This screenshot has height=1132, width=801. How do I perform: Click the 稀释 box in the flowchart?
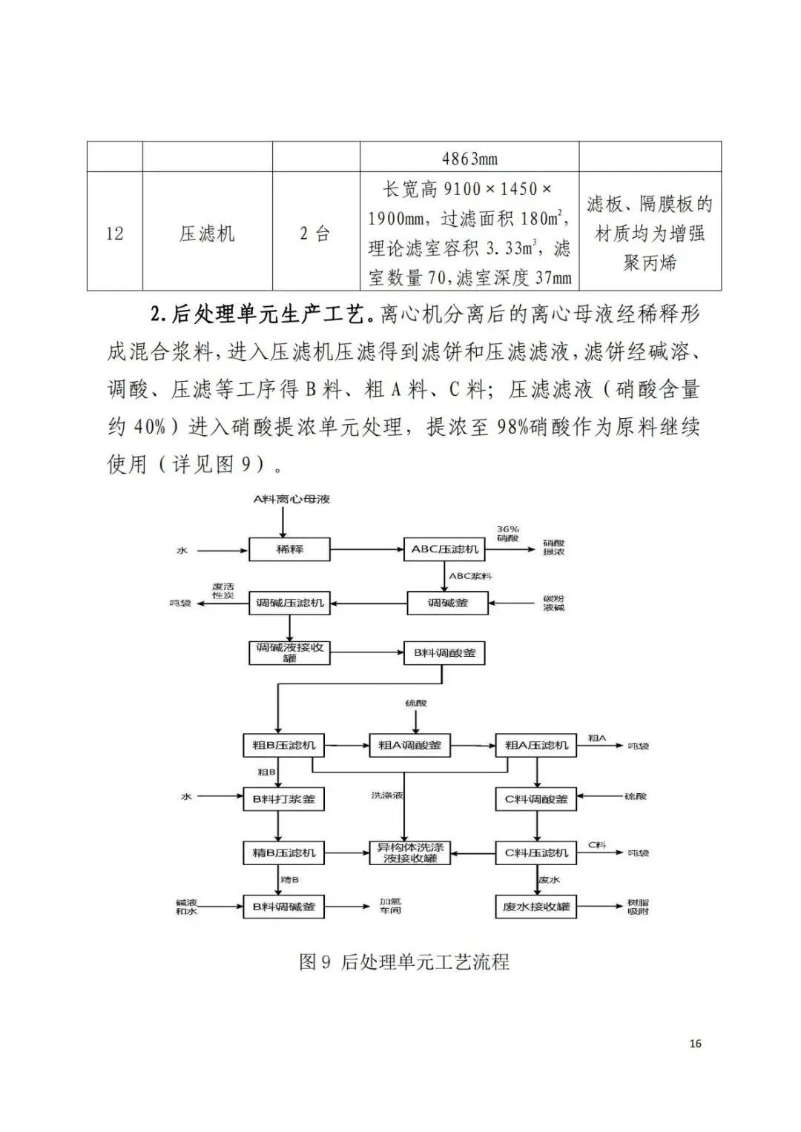coord(289,550)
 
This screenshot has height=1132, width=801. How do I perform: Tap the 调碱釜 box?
coord(448,603)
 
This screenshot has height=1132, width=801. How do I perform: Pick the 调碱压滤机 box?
coord(290,603)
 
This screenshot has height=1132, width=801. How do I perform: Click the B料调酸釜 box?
coord(444,654)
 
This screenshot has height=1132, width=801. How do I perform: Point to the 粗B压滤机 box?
coord(284,746)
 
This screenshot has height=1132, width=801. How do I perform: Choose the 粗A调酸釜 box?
coord(409,746)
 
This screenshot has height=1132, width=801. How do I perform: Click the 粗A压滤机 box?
coord(535,746)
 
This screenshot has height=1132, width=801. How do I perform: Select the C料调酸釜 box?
coord(535,799)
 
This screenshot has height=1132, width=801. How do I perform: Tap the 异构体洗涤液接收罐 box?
coord(410,853)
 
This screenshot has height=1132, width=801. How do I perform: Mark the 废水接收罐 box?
coord(535,907)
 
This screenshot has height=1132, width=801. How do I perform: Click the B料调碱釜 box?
coord(284,907)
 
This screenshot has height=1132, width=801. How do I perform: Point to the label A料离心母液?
coord(291,500)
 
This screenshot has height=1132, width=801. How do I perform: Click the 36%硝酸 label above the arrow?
coord(508,534)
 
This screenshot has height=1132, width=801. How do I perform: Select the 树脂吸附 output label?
coord(638,907)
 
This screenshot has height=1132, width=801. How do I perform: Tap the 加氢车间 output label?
coord(390,907)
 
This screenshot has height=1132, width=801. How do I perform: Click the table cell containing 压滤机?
coord(207,234)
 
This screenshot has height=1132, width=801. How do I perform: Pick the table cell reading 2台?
coord(315,234)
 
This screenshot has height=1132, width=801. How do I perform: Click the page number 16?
coord(695,1044)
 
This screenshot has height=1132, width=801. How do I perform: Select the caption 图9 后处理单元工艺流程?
coord(404,962)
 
